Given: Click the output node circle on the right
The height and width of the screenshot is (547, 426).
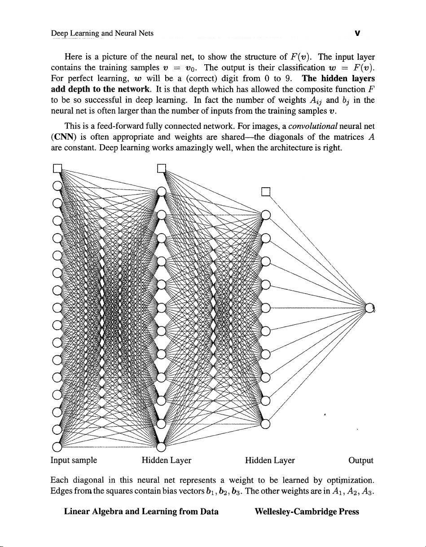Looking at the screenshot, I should pos(369,308).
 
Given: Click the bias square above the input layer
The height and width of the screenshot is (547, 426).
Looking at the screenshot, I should pos(57,169).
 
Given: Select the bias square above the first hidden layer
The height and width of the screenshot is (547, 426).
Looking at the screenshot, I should pos(162,169).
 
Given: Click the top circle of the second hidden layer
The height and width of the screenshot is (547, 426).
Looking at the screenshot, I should pos(266,215).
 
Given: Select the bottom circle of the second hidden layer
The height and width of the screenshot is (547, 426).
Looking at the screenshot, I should pos(266,423).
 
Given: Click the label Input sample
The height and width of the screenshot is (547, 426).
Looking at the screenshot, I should pos(74,460).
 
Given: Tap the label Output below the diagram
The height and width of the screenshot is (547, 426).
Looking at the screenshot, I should pos(361,460).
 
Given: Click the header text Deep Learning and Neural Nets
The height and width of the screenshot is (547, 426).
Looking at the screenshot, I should pos(96,33).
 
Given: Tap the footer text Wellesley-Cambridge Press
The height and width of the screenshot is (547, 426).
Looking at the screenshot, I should pos(307,512).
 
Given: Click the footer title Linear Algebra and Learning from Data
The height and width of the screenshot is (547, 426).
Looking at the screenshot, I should pos(141,512).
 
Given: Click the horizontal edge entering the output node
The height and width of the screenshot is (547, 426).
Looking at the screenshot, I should pos(314,308).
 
